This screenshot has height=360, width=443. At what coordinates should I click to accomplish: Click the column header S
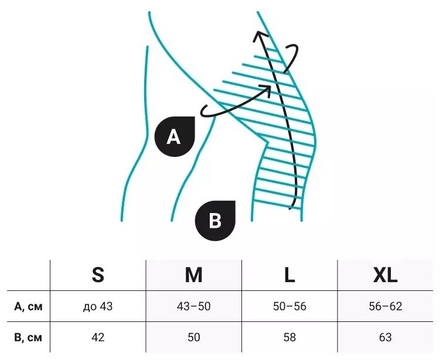[98, 275]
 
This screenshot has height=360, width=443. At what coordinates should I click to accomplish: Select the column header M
[193, 275]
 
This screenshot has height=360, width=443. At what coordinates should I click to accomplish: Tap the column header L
[289, 275]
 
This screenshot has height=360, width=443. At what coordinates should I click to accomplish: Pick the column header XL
[385, 275]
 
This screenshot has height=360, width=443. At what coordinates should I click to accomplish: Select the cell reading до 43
[98, 306]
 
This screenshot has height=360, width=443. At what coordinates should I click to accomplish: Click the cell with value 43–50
[193, 306]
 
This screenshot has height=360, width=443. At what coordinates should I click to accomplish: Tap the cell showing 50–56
[289, 306]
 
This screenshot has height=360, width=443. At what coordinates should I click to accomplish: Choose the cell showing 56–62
[385, 306]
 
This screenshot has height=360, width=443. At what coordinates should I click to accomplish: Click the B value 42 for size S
[98, 337]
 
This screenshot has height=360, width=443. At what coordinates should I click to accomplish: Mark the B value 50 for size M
[193, 337]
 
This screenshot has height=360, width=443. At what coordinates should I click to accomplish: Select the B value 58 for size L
[289, 337]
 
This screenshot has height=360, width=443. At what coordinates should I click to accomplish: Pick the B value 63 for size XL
[385, 337]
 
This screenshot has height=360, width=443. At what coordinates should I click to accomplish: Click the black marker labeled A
[174, 137]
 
